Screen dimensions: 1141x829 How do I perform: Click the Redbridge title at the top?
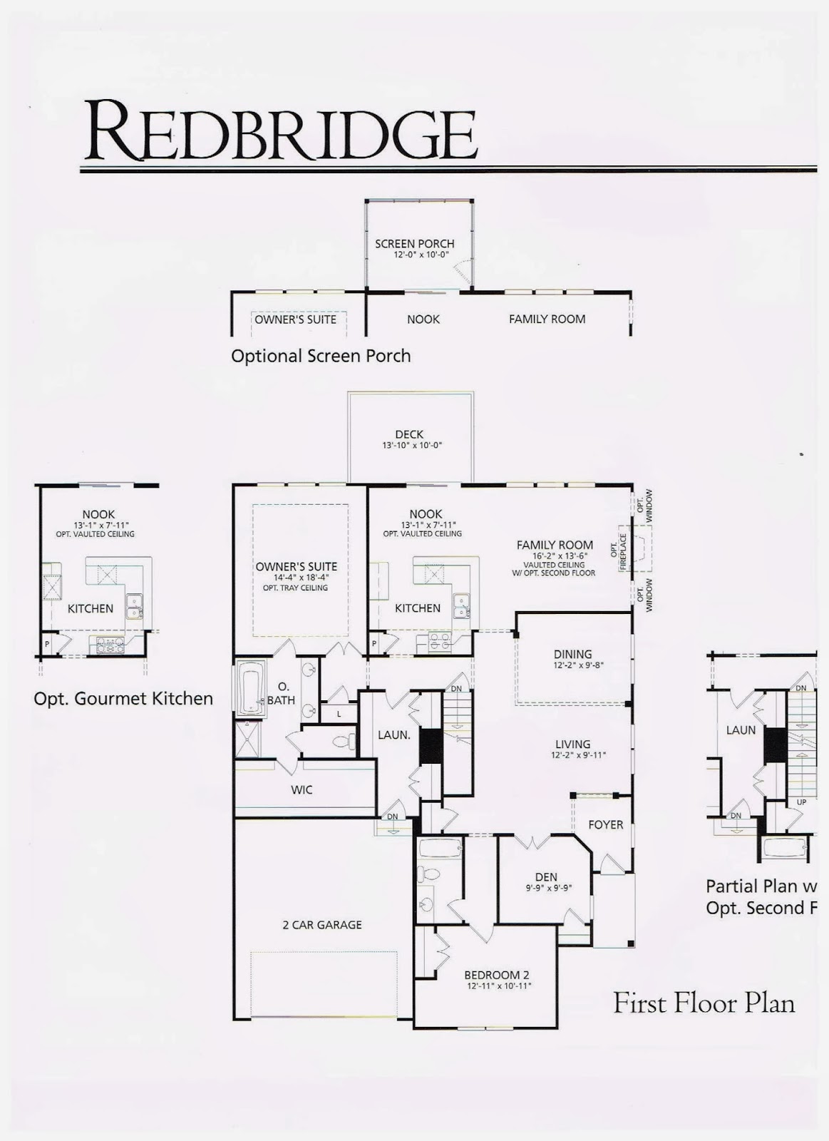[280, 131]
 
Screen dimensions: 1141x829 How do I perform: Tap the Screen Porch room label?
[414, 244]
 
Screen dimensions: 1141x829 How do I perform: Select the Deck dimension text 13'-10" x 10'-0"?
[412, 446]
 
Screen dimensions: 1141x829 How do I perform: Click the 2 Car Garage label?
[322, 925]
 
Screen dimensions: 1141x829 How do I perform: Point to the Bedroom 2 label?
[497, 975]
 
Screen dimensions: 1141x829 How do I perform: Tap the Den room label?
[546, 877]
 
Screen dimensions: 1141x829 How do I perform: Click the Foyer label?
[605, 824]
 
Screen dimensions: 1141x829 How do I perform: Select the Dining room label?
[572, 654]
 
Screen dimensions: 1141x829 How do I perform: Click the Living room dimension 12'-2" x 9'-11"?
[578, 755]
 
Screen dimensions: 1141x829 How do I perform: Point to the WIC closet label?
[302, 790]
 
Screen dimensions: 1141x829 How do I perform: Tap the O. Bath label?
[282, 694]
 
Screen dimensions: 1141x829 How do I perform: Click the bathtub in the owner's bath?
[250, 689]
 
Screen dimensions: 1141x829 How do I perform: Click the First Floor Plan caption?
[704, 1004]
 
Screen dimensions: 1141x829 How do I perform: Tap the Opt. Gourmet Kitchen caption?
[123, 699]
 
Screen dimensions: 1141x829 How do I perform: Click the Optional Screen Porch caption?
[321, 356]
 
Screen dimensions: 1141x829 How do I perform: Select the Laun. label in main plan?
[393, 735]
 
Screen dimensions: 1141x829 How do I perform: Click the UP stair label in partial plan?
[801, 802]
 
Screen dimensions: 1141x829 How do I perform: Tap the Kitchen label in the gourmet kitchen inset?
[91, 608]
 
